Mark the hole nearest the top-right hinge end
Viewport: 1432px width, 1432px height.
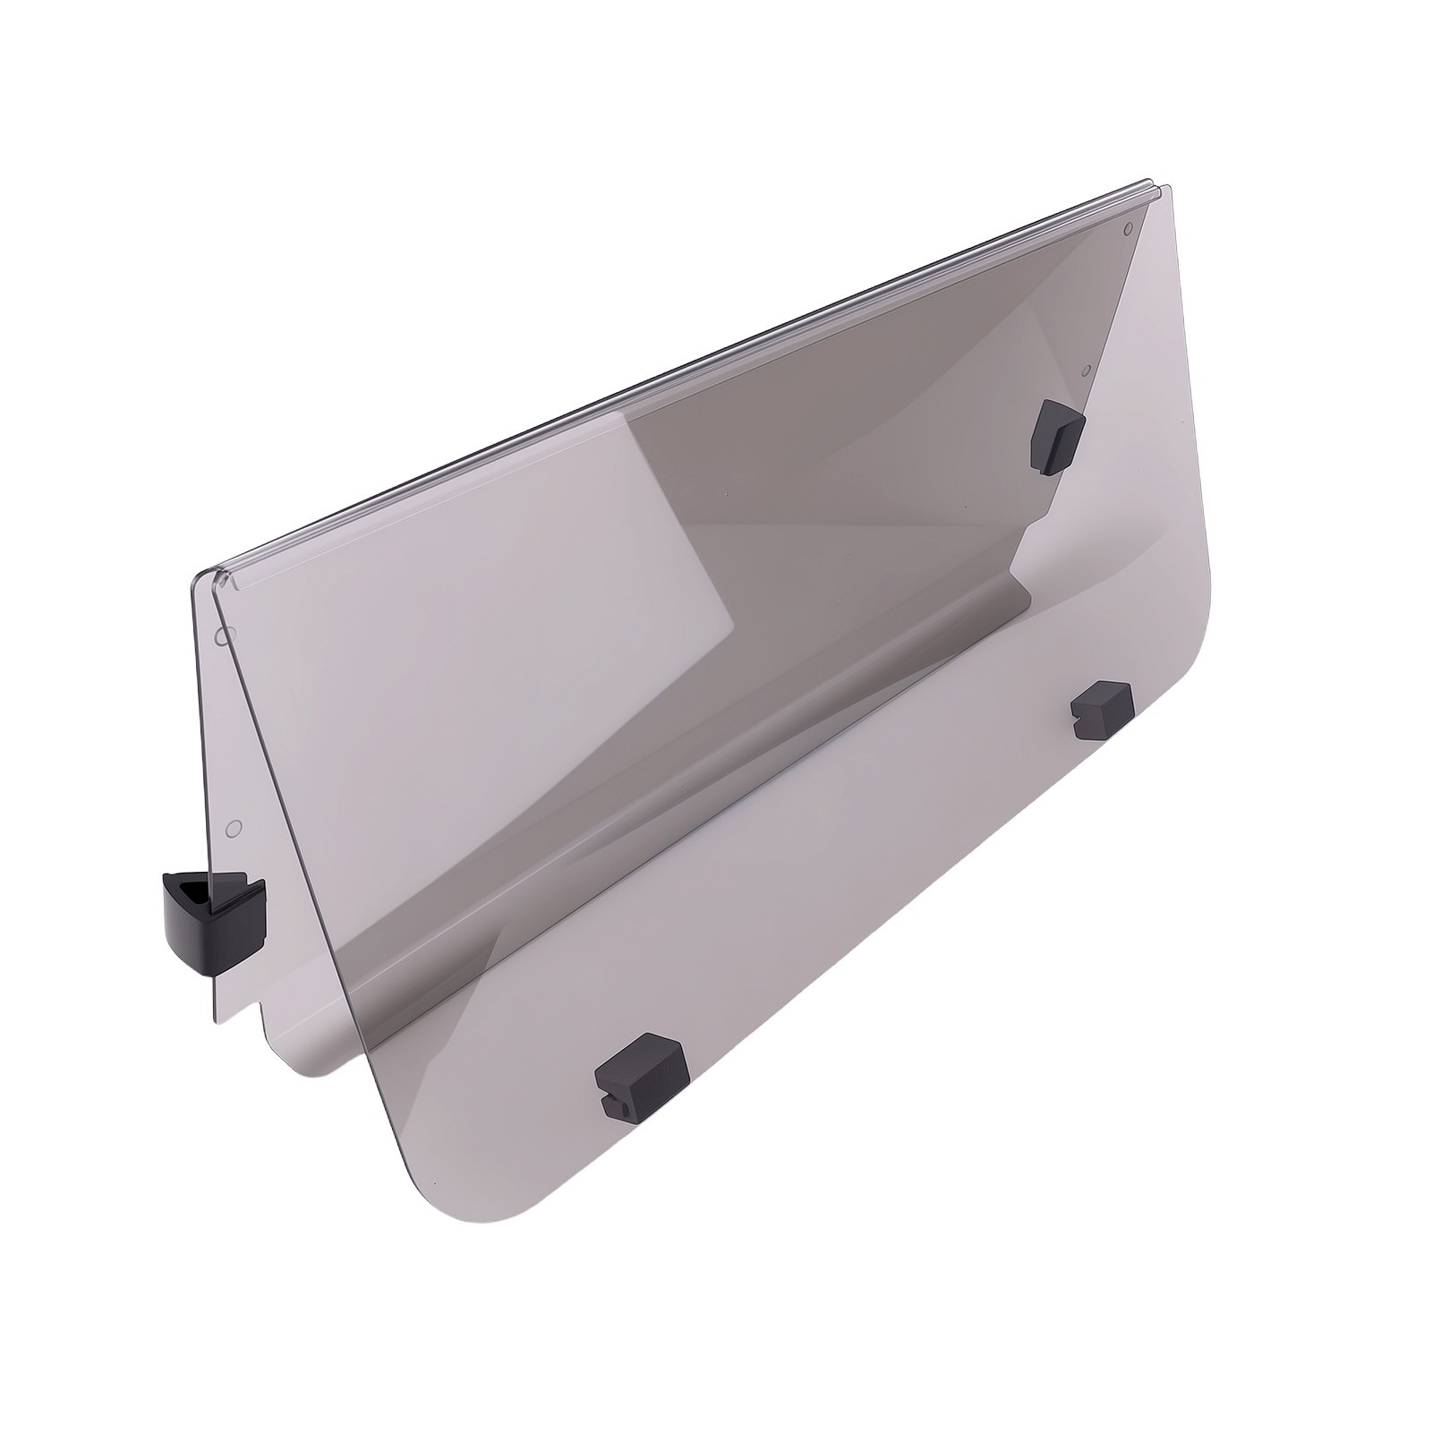(1127, 227)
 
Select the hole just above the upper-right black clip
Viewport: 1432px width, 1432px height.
(1086, 369)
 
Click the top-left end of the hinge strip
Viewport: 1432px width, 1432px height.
(204, 574)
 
